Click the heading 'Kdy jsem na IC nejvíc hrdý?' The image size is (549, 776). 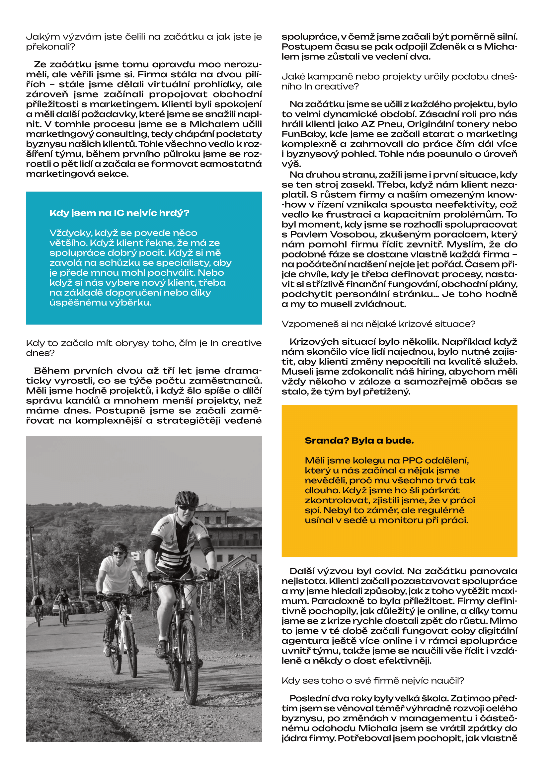(119, 213)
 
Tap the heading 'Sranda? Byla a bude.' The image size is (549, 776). (359, 440)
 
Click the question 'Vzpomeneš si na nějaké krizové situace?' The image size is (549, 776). (378, 324)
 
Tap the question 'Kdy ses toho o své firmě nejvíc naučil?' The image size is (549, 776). (372, 680)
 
